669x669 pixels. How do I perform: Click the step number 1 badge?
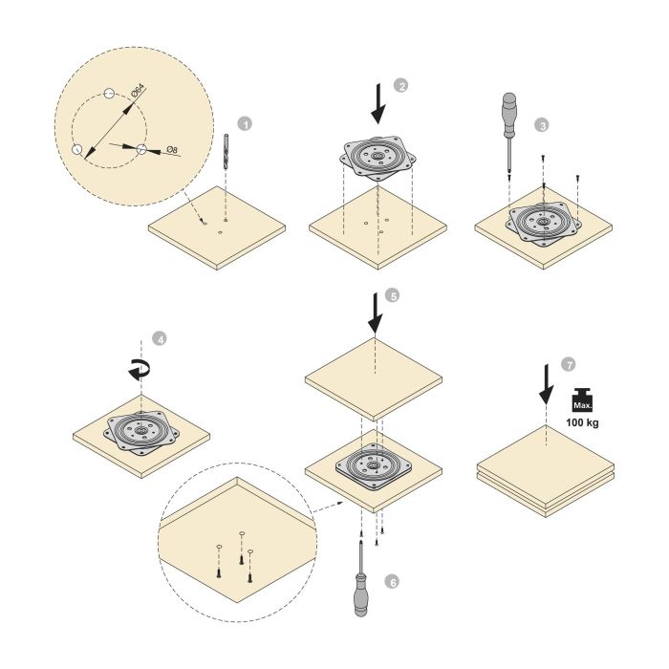pyautogui.click(x=246, y=124)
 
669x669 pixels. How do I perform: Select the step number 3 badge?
pyautogui.click(x=543, y=125)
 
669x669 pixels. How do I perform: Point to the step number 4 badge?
pyautogui.click(x=160, y=338)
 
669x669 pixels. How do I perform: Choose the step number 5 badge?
pyautogui.click(x=392, y=296)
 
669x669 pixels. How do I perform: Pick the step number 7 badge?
pyautogui.click(x=570, y=365)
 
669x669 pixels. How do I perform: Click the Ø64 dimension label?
pyautogui.click(x=138, y=93)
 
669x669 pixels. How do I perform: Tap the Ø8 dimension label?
pyautogui.click(x=171, y=151)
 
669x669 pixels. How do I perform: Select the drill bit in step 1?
pyautogui.click(x=227, y=152)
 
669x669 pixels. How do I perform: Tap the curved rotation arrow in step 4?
pyautogui.click(x=140, y=370)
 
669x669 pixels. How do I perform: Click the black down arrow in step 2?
pyautogui.click(x=379, y=103)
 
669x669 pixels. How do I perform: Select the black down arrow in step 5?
pyautogui.click(x=374, y=313)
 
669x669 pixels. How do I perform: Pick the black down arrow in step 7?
pyautogui.click(x=545, y=383)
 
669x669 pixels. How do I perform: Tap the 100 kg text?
pyautogui.click(x=582, y=422)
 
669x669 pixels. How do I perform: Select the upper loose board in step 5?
pyautogui.click(x=374, y=373)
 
